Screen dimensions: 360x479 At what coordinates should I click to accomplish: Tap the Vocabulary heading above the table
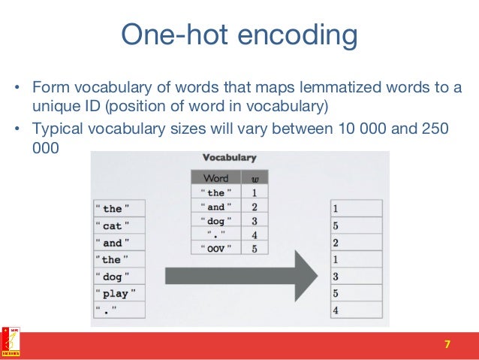[x=230, y=158]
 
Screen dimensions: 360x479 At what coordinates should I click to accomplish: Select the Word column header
[x=215, y=179]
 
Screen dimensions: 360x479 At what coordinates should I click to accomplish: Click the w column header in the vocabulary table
[x=254, y=179]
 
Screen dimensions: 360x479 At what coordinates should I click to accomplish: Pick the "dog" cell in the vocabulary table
[x=215, y=220]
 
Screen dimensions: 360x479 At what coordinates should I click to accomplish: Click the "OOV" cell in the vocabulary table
[x=215, y=248]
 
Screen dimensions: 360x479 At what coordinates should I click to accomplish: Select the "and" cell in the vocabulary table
[x=215, y=207]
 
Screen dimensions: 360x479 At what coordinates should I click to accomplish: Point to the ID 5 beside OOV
[x=255, y=248]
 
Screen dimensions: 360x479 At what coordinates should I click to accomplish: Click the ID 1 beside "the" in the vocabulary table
[x=255, y=193]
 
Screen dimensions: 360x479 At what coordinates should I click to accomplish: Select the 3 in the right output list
[x=356, y=277]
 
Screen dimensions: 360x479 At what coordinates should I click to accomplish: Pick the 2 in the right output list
[x=356, y=242]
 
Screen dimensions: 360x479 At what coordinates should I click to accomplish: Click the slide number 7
[x=448, y=344]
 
